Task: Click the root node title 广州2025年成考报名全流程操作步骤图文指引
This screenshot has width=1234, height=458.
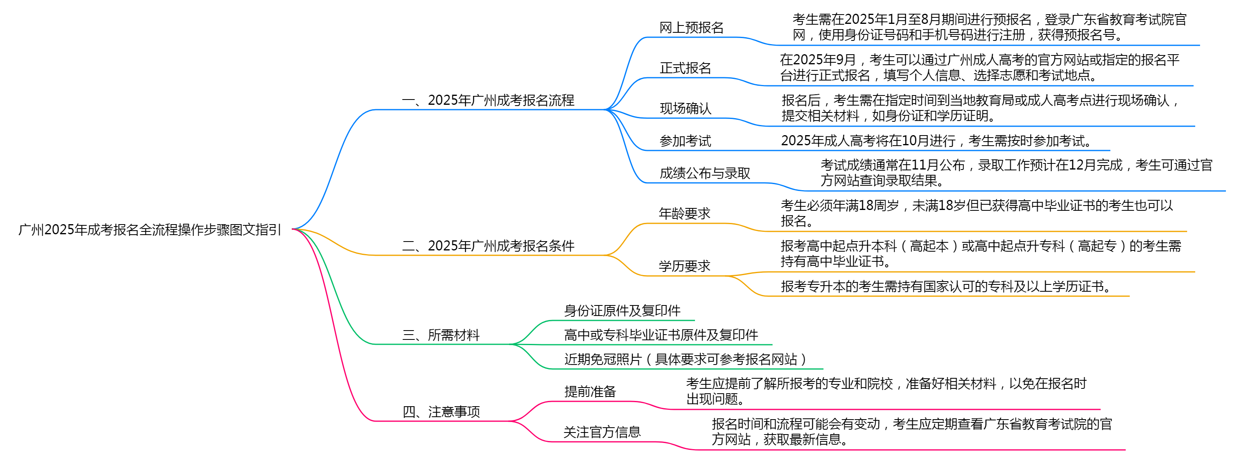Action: pos(150,230)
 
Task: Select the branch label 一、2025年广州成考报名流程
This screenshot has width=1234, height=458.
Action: pos(488,100)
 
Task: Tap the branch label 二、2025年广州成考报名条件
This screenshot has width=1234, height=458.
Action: pos(488,246)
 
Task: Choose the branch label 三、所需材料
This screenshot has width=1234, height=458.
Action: pos(441,335)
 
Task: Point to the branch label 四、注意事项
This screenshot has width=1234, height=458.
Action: pos(441,412)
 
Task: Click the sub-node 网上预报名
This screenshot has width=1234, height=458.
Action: pos(691,28)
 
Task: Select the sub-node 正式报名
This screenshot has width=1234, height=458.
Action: pos(686,68)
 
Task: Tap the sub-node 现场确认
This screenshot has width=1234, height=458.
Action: pos(686,108)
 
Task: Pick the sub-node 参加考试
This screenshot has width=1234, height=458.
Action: pos(686,141)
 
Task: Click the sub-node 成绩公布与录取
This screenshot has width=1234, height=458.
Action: pos(705,173)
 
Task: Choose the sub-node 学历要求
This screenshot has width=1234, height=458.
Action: pos(684,266)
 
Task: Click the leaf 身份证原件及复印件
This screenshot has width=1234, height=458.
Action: pos(622,311)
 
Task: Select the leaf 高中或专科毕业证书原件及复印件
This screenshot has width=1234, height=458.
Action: pos(661,335)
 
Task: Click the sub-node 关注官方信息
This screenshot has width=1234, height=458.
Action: pos(602,432)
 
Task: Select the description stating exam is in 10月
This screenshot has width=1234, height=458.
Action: pos(937,141)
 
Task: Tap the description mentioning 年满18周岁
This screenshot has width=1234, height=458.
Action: pos(977,213)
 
